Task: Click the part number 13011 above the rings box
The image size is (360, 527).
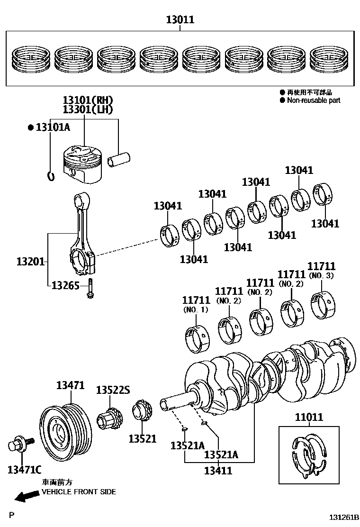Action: pos(180,19)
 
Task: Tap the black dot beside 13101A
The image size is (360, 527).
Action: pos(31,127)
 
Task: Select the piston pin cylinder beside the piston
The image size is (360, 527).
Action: pos(118,159)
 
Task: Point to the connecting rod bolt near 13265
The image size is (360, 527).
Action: pos(90,288)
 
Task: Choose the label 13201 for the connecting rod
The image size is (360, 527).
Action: pos(31,261)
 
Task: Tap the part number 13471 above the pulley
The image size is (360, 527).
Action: pos(70,385)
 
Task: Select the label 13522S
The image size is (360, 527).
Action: pos(113,390)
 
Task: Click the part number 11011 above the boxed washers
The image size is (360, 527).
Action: pos(309,417)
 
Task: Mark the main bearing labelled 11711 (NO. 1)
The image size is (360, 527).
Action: pos(197,339)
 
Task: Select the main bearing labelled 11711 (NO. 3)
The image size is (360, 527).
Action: pos(323,306)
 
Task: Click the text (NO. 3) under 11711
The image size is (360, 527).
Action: pos(321,276)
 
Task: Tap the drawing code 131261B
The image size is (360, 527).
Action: pos(343,517)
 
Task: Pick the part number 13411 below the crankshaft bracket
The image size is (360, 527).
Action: pos(218,471)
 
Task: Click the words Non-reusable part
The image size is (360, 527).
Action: pos(314,100)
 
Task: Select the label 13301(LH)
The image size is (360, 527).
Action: pos(88,109)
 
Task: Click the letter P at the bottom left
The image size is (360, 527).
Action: pos(12,515)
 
